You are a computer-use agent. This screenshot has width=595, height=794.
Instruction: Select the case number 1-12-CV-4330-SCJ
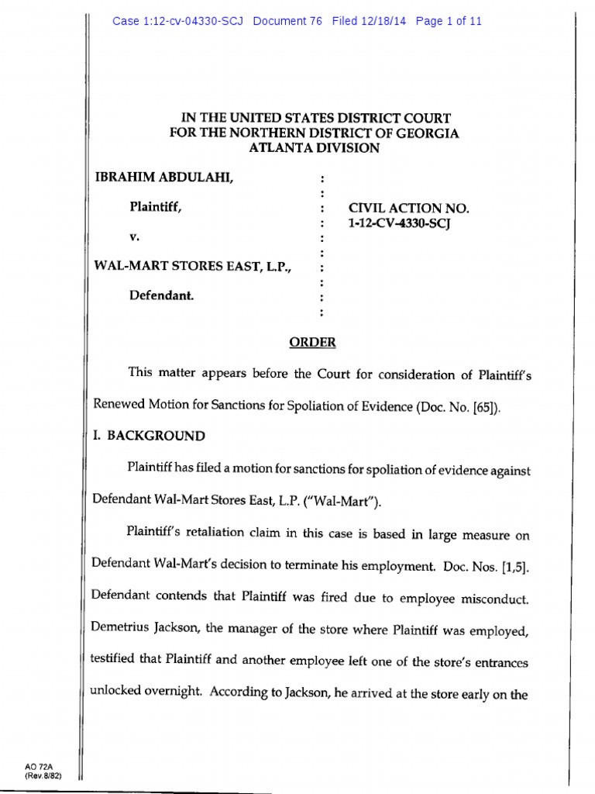point(400,223)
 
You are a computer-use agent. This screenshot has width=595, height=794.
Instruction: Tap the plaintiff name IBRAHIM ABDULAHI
point(163,179)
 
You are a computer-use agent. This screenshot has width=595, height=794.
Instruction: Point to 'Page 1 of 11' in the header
point(449,22)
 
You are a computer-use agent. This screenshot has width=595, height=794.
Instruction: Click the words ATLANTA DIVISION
point(314,148)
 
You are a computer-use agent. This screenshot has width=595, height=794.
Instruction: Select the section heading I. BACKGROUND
point(150,436)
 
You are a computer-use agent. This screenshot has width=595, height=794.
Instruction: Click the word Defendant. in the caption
point(162,295)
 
